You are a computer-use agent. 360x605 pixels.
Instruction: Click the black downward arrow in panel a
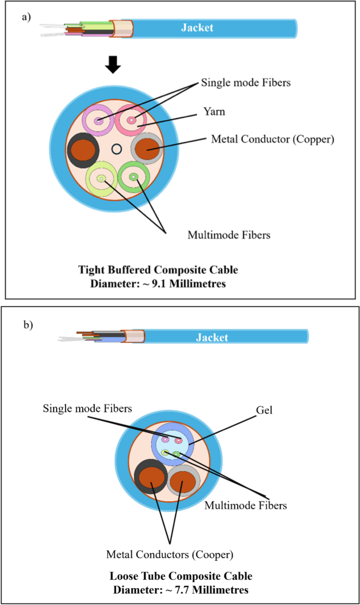tap(113, 65)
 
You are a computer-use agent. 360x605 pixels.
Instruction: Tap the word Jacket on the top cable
tap(197, 28)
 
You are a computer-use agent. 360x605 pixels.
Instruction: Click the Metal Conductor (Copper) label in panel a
tap(272, 140)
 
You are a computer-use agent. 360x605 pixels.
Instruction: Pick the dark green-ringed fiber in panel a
tap(133, 177)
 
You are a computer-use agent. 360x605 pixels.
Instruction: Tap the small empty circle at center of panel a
tap(117, 149)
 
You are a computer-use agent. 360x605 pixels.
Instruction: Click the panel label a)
tap(26, 17)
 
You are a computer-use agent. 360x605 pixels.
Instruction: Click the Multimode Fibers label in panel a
tap(229, 235)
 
